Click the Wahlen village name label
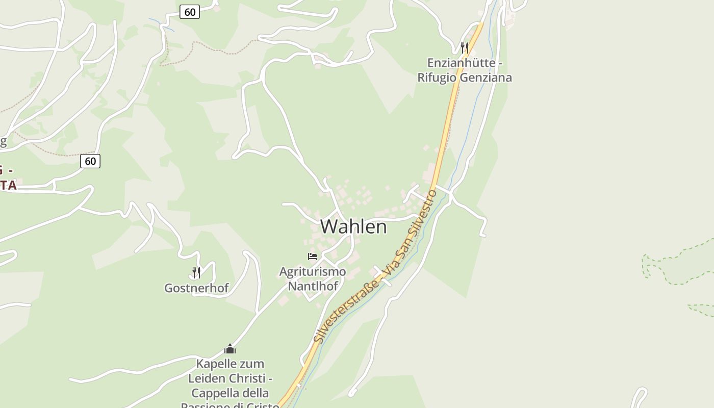[x=353, y=226]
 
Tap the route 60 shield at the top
[x=190, y=12]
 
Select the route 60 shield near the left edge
[x=90, y=161]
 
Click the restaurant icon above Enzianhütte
[x=464, y=47]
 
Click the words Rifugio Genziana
[x=464, y=78]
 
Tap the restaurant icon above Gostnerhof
[x=196, y=272]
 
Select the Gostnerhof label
[x=196, y=288]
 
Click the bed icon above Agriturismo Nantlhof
[x=313, y=256]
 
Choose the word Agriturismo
[x=313, y=271]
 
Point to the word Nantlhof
[x=313, y=286]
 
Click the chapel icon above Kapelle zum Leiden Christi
[x=230, y=349]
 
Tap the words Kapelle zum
[x=230, y=364]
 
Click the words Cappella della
[x=230, y=394]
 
